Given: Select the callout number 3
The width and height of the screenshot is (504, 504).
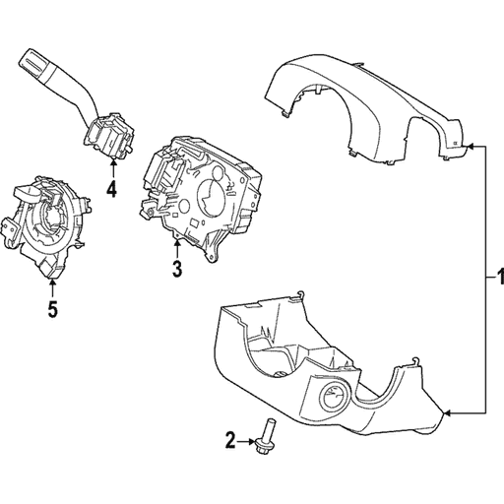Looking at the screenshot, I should (176, 268).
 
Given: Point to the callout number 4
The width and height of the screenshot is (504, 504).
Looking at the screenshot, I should (111, 189).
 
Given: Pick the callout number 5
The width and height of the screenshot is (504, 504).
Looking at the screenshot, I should (52, 310).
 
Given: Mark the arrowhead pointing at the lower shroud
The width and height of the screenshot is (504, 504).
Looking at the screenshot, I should (449, 410).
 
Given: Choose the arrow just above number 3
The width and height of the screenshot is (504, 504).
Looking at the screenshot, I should (176, 243).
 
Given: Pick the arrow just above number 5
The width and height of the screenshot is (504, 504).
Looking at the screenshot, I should (52, 286).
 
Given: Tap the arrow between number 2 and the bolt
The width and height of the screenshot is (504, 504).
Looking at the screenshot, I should (250, 440).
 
